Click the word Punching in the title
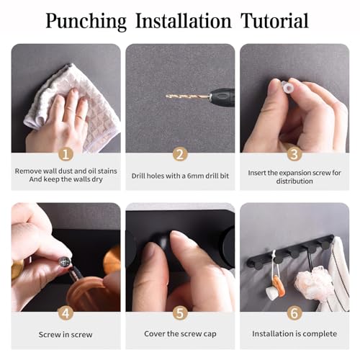(86, 22)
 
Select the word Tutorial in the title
(274, 21)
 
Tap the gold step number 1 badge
(66, 154)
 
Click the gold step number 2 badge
(180, 154)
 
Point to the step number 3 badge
(294, 154)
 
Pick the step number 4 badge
(66, 313)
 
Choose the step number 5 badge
(180, 313)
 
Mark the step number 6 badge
(294, 313)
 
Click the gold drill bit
(188, 96)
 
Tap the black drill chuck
(222, 97)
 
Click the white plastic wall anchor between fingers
(287, 88)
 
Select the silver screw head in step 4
(64, 261)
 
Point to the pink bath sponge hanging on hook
(312, 283)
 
